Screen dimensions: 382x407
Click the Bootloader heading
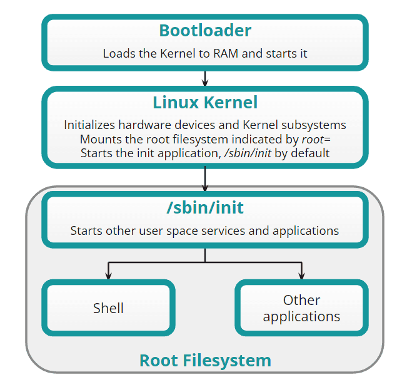205,30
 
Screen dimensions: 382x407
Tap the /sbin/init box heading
205,209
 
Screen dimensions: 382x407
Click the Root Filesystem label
205,361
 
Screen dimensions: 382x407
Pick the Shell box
108,308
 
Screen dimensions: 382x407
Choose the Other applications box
301,308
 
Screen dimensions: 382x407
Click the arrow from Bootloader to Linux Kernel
205,78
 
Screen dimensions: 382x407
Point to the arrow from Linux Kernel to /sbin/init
205,180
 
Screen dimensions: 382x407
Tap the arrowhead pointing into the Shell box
109,275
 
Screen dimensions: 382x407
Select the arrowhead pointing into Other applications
302,275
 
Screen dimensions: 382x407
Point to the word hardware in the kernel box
146,125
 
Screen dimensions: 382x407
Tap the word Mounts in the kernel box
99,139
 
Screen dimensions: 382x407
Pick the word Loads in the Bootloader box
118,53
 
